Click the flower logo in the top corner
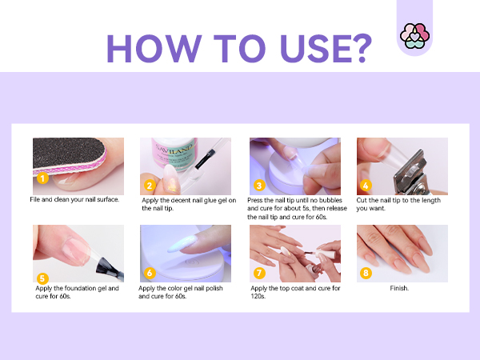pyautogui.click(x=415, y=36)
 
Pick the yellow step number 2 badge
pyautogui.click(x=149, y=185)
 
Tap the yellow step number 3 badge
pyautogui.click(x=258, y=185)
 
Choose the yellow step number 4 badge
pyautogui.click(x=366, y=185)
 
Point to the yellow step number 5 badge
pyautogui.click(x=42, y=278)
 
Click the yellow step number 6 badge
pyautogui.click(x=150, y=272)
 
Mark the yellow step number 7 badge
pyautogui.click(x=258, y=272)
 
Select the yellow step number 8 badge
pyautogui.click(x=366, y=272)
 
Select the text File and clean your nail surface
pyautogui.click(x=74, y=199)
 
